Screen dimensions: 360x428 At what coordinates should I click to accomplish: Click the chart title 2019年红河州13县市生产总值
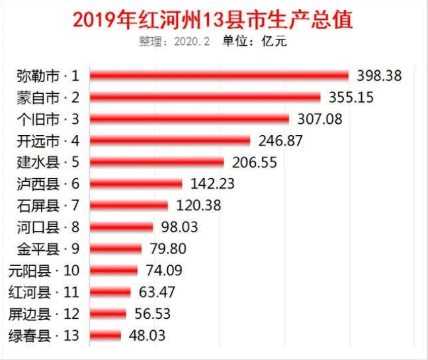pos(212,19)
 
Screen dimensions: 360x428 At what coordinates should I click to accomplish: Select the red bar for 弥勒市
pos(219,75)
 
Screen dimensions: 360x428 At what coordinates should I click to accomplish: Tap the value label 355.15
pos(351,97)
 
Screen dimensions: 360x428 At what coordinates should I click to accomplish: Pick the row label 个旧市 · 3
pos(48,119)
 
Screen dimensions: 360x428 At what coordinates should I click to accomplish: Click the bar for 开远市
pos(170,140)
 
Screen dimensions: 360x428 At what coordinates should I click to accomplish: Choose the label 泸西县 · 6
pos(48,183)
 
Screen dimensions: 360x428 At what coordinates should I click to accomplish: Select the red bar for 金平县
pos(116,249)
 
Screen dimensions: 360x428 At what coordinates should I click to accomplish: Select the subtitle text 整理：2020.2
pos(174,41)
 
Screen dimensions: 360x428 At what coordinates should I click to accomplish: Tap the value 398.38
pos(379,75)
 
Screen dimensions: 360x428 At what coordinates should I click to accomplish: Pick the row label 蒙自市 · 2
pos(48,97)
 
